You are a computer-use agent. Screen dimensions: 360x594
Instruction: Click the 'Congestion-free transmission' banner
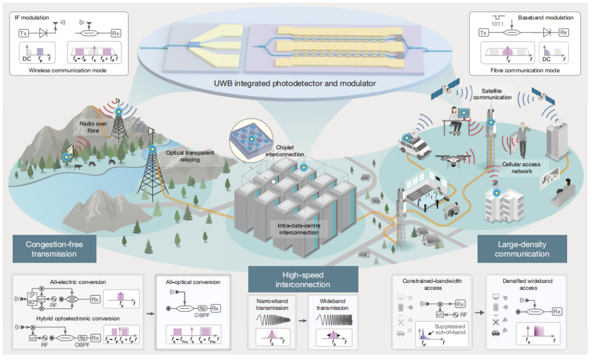pyautogui.click(x=54, y=249)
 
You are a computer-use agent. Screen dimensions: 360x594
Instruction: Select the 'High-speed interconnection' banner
pyautogui.click(x=303, y=279)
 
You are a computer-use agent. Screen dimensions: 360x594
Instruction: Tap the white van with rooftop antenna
pyautogui.click(x=416, y=146)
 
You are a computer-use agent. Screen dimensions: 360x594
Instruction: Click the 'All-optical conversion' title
pyautogui.click(x=193, y=282)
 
